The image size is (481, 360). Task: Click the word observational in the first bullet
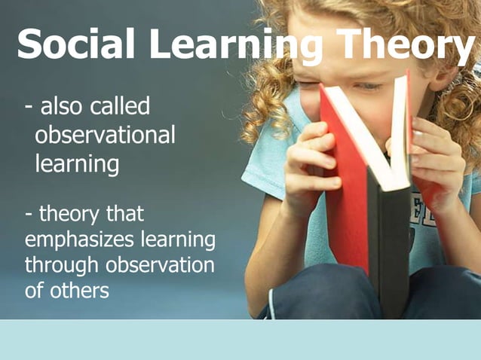[105, 136]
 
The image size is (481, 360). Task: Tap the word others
[78, 290]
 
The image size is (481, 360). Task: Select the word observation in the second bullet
[159, 265]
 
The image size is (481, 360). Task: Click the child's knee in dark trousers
[317, 290]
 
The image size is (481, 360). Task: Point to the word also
[61, 107]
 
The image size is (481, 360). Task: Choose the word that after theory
[124, 214]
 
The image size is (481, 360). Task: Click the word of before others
[33, 290]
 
